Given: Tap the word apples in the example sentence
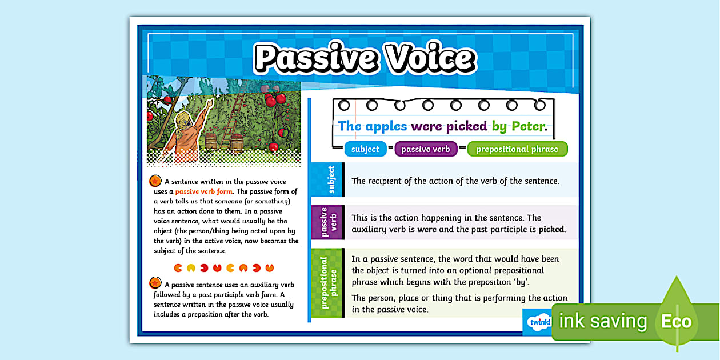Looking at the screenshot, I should pyautogui.click(x=386, y=126).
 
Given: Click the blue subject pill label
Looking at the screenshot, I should pyautogui.click(x=365, y=149).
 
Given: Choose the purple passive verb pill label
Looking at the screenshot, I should pyautogui.click(x=425, y=149).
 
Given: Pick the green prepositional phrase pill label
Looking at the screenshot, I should pyautogui.click(x=517, y=149).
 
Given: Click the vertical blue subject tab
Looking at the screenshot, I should pyautogui.click(x=327, y=179).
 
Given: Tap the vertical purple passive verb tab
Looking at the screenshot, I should pyautogui.click(x=327, y=222).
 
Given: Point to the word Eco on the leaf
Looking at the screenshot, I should pyautogui.click(x=676, y=321).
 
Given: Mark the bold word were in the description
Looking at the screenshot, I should pyautogui.click(x=427, y=229).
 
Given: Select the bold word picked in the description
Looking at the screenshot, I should pyautogui.click(x=551, y=229).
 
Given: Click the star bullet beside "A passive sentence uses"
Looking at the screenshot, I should pyautogui.click(x=155, y=283).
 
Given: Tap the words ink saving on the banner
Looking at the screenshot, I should pyautogui.click(x=602, y=322).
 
